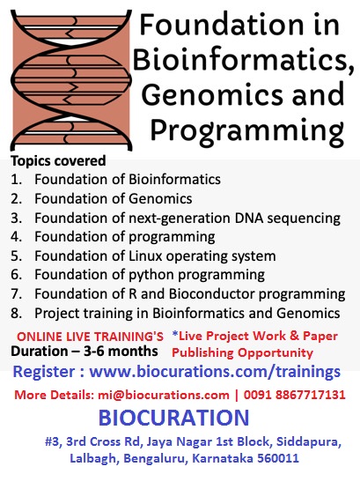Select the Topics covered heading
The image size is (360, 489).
58,161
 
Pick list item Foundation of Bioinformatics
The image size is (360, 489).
128,180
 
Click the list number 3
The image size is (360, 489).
16,218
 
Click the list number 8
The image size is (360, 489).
16,313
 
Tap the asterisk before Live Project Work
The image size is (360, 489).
175,336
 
